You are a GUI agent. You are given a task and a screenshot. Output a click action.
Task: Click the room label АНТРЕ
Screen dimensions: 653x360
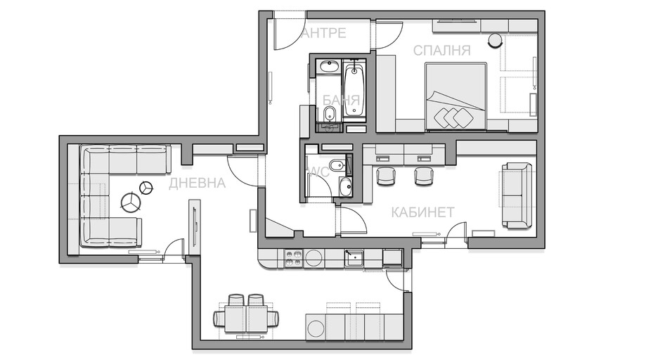coord(323,33)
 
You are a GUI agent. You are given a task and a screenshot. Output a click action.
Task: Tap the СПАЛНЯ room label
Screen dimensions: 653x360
coord(442,51)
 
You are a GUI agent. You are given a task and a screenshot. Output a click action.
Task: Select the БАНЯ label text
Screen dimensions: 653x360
coord(341,100)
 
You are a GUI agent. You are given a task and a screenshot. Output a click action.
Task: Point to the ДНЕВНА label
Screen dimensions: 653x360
coord(197,183)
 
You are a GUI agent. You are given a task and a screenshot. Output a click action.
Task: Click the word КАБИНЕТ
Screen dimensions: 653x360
coord(422,212)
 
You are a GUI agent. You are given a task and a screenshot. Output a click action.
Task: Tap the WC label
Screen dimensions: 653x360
coord(318,172)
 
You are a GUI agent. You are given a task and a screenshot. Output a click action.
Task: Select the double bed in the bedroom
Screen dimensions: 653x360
coord(456,96)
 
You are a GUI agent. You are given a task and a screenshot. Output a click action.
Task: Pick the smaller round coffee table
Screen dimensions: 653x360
coord(146,188)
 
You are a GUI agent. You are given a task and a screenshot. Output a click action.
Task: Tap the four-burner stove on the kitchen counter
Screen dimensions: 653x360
coord(293,258)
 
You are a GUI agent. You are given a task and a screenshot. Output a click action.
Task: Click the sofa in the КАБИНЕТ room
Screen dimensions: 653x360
coord(517,195)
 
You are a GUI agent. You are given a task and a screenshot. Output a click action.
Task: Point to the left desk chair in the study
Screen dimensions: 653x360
coord(385,175)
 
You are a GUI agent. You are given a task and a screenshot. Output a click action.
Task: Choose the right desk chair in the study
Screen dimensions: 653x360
coord(424,175)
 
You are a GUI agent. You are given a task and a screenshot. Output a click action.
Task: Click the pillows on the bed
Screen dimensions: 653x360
coord(453,117)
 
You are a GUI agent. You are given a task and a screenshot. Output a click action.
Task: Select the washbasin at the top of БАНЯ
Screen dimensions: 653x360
coord(329,66)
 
